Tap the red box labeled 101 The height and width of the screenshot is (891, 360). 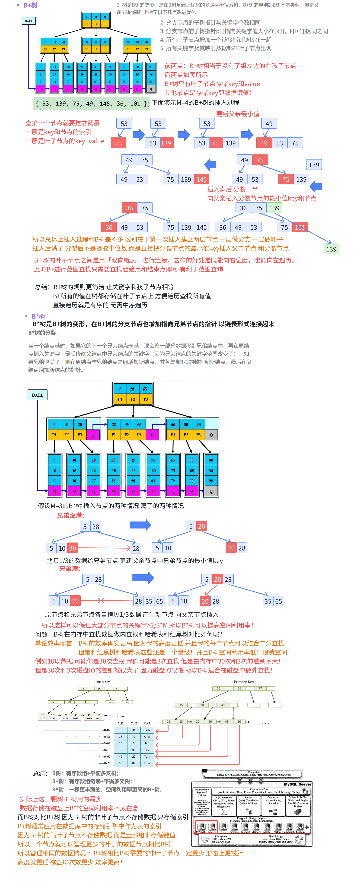300,227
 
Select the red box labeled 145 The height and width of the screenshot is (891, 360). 202,179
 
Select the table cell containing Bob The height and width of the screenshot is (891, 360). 147,730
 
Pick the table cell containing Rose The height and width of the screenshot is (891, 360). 147,763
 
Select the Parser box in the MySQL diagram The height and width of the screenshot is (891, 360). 248,801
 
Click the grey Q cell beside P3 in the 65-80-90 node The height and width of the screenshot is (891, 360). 211,435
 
